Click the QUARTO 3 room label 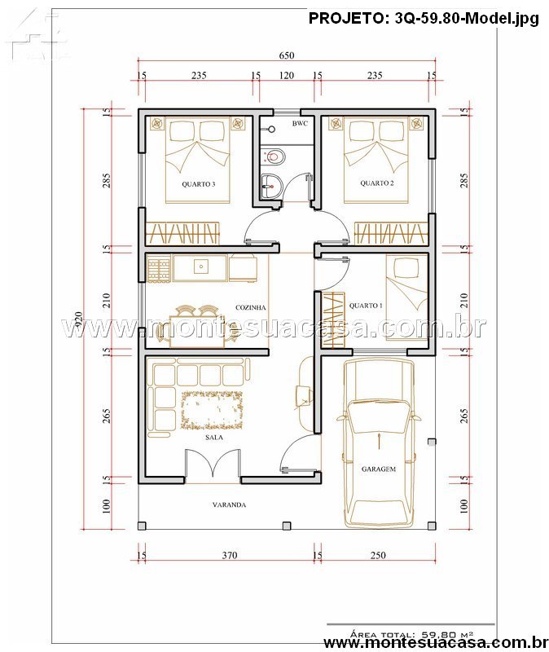(x=198, y=184)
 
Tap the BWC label (x=300, y=124)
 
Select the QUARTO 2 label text (x=376, y=183)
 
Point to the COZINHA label (x=251, y=308)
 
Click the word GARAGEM (x=379, y=469)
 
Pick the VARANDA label (x=229, y=504)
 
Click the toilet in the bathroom (x=274, y=156)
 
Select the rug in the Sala (x=212, y=410)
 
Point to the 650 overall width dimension (x=287, y=55)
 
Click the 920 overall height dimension (x=77, y=319)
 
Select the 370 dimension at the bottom (x=230, y=555)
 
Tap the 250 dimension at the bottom (x=378, y=555)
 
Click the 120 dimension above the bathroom (x=287, y=76)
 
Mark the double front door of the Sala (x=213, y=465)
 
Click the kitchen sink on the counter (x=201, y=267)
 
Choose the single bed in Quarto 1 (x=407, y=297)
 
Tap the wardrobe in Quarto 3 (x=182, y=233)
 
